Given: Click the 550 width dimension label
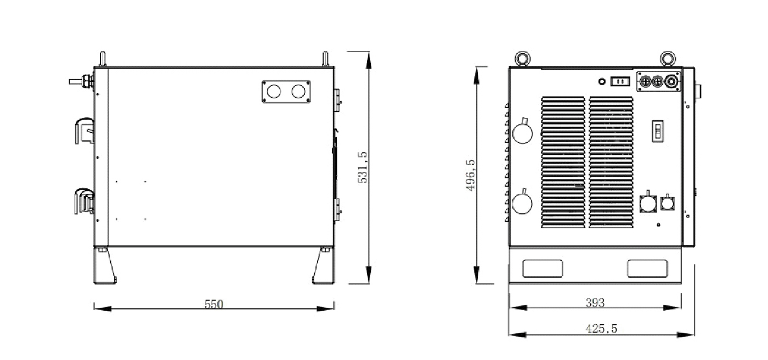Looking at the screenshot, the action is [213, 304].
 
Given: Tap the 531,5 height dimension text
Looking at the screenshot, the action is [363, 167].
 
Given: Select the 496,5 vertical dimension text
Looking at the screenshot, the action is [471, 175].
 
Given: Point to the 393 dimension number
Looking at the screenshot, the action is [595, 303].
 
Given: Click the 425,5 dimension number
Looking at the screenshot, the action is [601, 329].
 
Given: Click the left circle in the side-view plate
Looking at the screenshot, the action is [274, 92].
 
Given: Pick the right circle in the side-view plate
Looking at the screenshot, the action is [298, 92].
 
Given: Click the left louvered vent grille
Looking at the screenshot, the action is [563, 162].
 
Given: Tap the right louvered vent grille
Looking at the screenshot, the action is [611, 162].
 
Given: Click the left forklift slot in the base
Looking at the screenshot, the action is [543, 268].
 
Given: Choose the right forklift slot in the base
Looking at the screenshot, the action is [647, 268].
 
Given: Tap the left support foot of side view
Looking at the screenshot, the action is [105, 266].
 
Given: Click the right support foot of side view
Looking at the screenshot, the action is [323, 266].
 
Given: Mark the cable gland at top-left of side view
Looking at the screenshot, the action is [82, 82].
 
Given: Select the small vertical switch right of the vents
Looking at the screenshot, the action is [657, 131].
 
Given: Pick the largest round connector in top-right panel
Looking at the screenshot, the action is [671, 82].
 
